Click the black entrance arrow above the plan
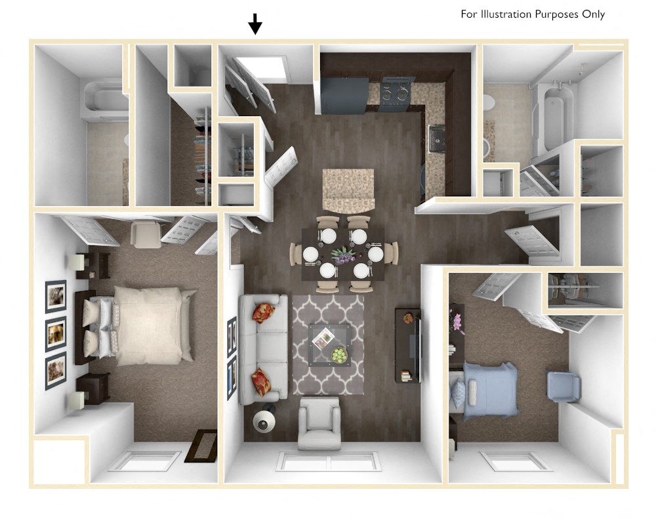(x=255, y=25)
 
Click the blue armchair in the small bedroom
(x=564, y=386)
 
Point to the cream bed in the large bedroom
(x=148, y=325)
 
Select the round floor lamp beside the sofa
(x=264, y=422)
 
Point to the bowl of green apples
(x=339, y=355)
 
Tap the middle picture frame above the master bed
(x=56, y=334)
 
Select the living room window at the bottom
(x=329, y=461)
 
